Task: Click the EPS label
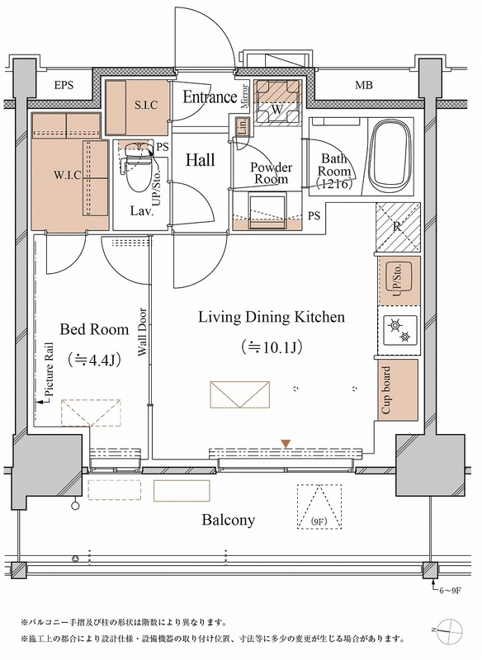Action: point(64,85)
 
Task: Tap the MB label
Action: point(364,85)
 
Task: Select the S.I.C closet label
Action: point(146,105)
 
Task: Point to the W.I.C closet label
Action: point(68,175)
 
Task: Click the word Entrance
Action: point(210,97)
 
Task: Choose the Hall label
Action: point(201,160)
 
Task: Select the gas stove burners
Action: point(399,330)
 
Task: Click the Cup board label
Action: point(385,390)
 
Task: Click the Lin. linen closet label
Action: point(242,127)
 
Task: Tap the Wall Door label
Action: point(142,332)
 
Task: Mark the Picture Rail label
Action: point(50,368)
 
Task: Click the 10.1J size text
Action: point(272,347)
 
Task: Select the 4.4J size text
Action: point(94,361)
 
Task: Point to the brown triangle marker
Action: point(286,444)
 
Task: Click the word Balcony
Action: point(228,521)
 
